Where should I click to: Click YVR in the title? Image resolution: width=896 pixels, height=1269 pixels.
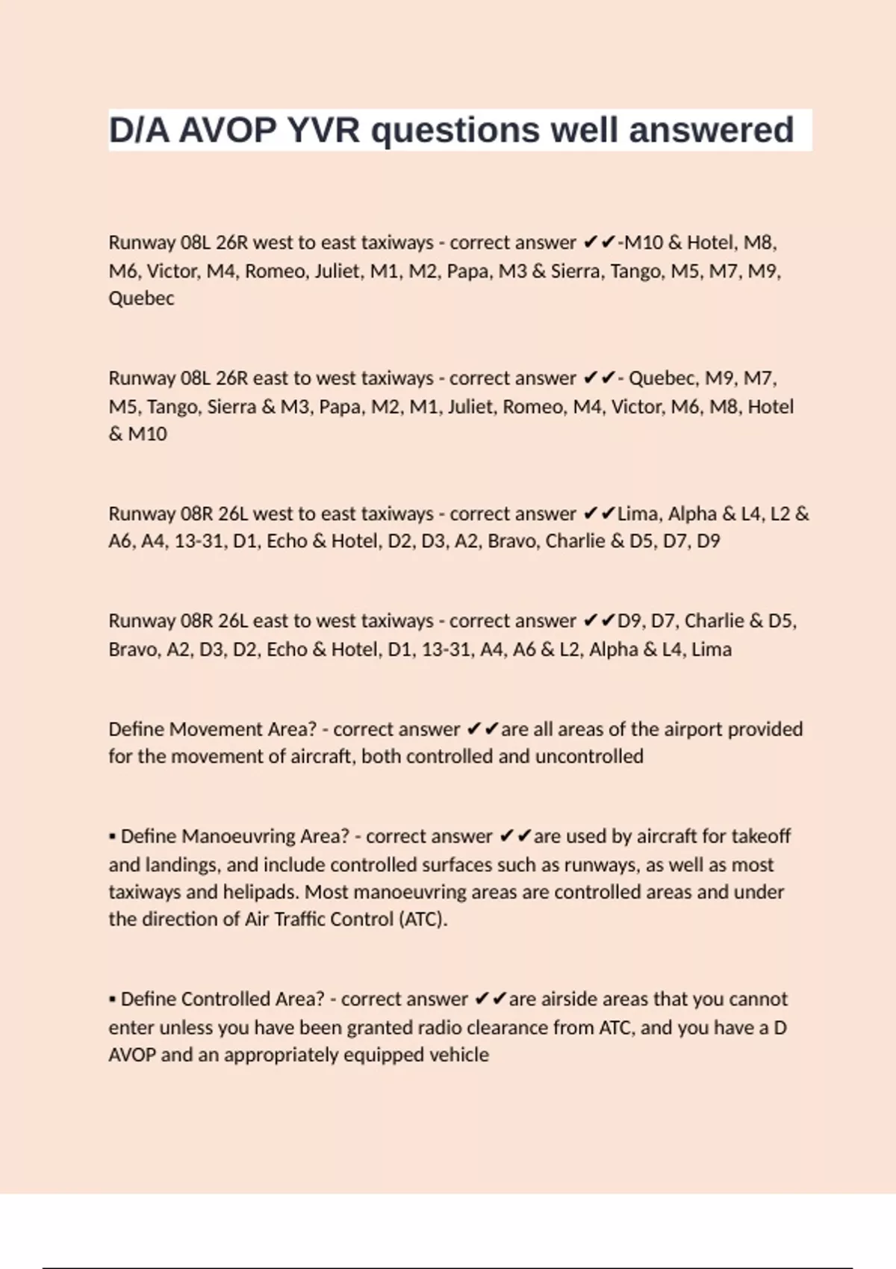pos(323,130)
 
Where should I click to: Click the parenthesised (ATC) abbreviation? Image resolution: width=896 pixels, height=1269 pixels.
pos(423,919)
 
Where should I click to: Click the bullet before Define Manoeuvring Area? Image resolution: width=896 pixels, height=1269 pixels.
pos(112,837)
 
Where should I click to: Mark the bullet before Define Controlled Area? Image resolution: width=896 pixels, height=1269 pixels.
pos(112,1000)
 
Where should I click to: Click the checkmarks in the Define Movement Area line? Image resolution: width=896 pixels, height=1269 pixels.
pos(482,729)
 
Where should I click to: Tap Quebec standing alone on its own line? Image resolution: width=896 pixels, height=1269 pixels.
pos(141,299)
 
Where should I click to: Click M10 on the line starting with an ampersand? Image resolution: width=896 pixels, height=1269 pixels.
pos(147,434)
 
